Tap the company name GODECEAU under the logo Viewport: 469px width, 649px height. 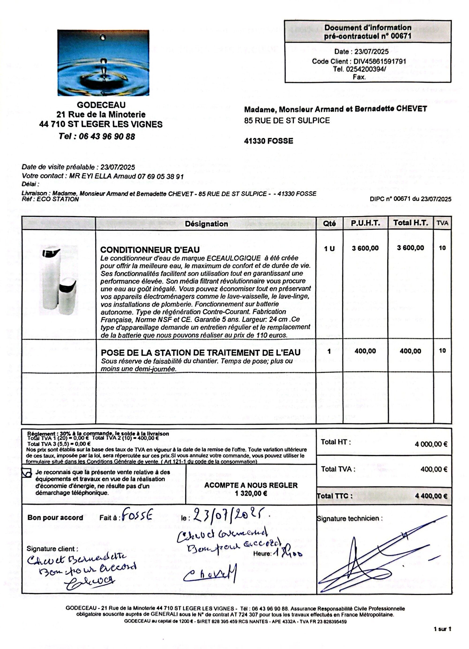point(101,105)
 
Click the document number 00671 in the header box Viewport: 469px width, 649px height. point(402,36)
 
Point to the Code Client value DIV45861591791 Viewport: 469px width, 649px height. point(380,61)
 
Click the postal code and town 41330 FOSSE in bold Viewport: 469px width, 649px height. point(269,141)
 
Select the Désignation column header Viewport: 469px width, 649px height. point(206,224)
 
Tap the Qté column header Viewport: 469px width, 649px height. point(329,224)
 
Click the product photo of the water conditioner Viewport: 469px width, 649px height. point(58,280)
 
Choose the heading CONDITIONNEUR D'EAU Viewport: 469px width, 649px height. point(150,250)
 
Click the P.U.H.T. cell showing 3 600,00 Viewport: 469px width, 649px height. point(365,248)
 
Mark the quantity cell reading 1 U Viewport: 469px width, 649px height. point(329,249)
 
